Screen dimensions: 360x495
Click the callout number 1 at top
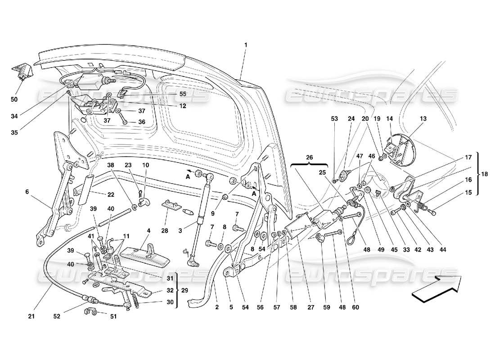(x=246, y=45)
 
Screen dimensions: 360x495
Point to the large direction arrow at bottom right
(x=436, y=288)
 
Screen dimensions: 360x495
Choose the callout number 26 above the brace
(x=309, y=157)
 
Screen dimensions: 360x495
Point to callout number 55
(x=170, y=95)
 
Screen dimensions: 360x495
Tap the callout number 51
(x=113, y=316)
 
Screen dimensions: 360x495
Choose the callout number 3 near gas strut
(x=180, y=231)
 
